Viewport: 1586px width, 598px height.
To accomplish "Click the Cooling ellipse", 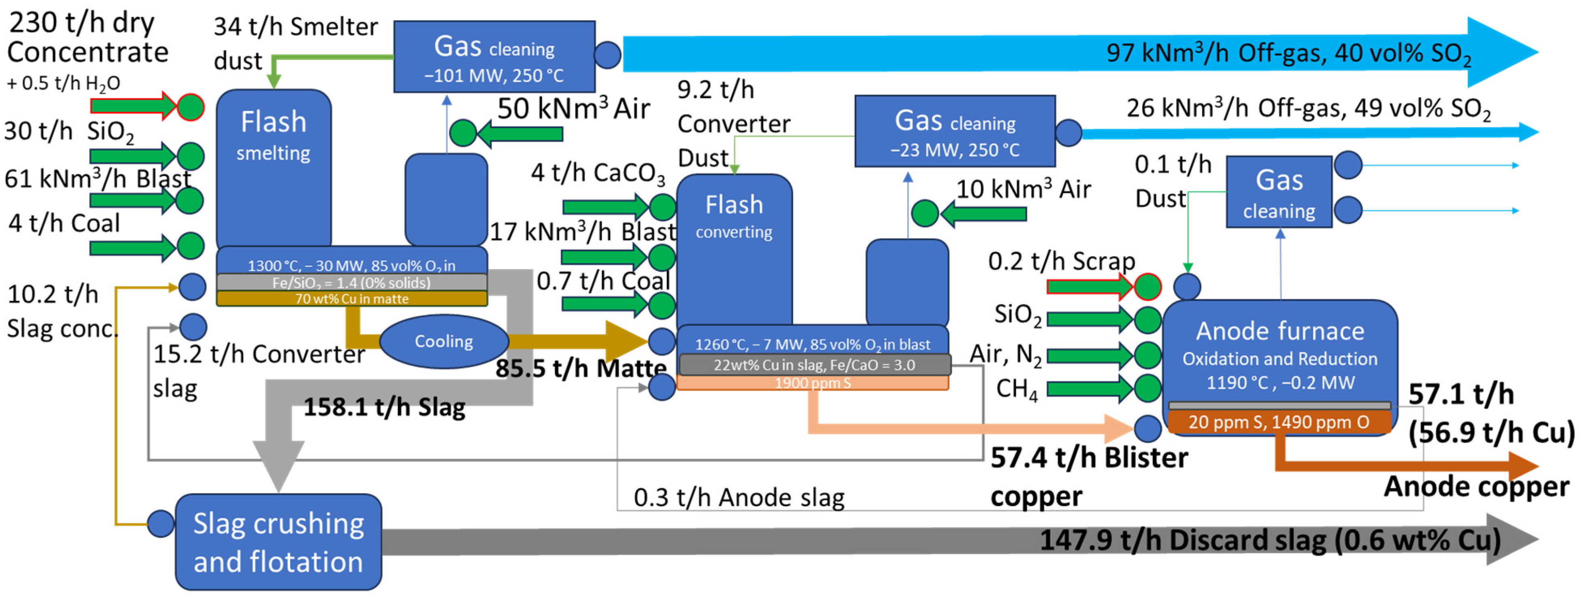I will point(443,341).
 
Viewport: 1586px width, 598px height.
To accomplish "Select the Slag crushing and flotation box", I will point(278,542).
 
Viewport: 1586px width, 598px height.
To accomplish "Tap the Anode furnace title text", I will point(1279,331).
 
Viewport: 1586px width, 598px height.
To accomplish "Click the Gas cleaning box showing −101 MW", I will point(494,57).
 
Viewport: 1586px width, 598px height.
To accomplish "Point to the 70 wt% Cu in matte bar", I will point(351,299).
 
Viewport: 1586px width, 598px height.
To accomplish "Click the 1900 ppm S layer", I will point(812,383).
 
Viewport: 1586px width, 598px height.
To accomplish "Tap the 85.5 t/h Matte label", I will point(581,368).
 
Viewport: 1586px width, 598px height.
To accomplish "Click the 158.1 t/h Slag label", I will point(384,407).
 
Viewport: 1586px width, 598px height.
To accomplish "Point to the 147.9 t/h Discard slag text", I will point(1268,540).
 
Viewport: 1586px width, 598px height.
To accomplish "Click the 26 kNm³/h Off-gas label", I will point(1308,109).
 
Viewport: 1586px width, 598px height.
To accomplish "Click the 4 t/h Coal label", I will point(64,223).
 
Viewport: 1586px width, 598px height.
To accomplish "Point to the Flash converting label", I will point(734,215).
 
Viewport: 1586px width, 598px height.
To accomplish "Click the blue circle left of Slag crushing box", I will point(161,524).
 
